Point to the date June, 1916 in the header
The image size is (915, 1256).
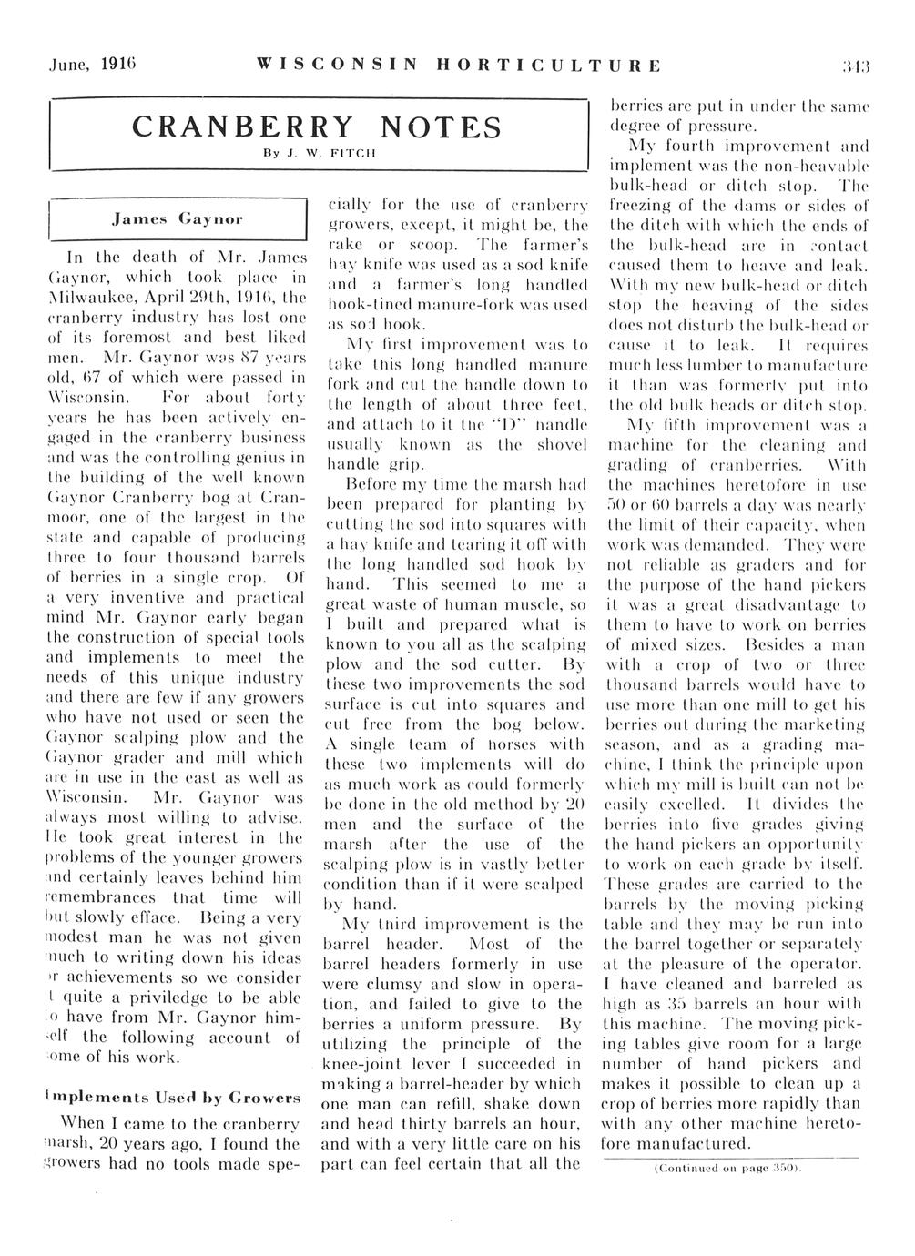pos(82,66)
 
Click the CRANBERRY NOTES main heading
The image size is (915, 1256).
pos(317,127)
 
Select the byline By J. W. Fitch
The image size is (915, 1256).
pos(316,154)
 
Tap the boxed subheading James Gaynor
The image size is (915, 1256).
pos(177,219)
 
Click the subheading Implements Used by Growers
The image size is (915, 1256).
pos(172,1098)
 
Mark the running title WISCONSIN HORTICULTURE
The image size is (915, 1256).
pos(459,66)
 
